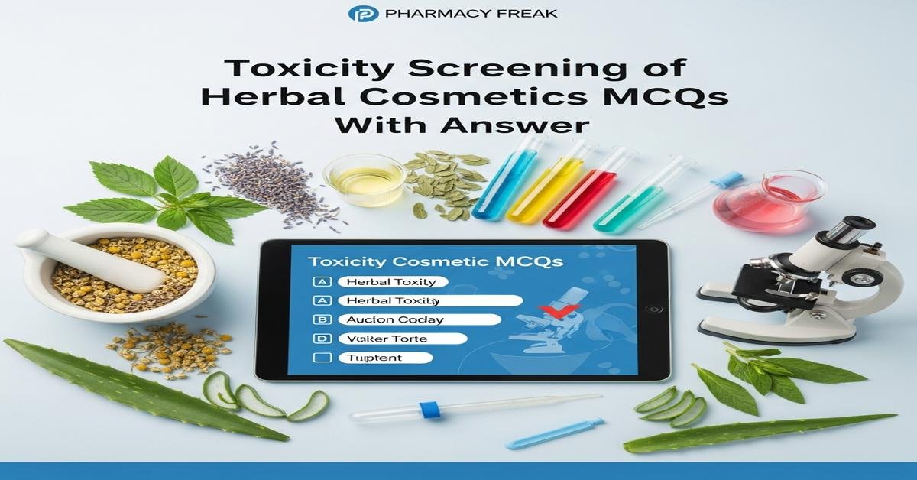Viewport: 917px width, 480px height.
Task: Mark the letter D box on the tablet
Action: coord(322,338)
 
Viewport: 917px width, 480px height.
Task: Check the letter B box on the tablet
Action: coord(322,319)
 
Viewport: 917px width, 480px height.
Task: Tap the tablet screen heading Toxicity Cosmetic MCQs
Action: coord(436,261)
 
